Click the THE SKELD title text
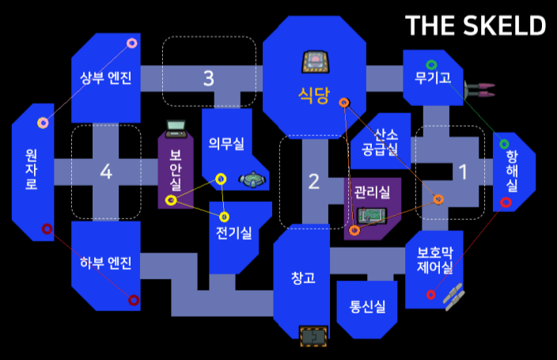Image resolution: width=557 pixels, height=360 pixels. tap(476, 25)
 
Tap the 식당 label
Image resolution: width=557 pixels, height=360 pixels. tap(313, 95)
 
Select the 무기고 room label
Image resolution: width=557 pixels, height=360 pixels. tap(432, 78)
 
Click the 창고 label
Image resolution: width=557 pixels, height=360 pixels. tap(303, 278)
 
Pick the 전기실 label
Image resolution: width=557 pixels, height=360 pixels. tap(233, 233)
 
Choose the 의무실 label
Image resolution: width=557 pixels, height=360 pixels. tap(226, 142)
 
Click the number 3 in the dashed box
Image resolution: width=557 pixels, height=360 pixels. tap(208, 78)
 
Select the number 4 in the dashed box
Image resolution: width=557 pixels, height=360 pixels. tap(106, 171)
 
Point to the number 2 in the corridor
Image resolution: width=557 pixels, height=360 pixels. tap(313, 182)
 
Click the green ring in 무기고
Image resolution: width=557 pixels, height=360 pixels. tap(431, 64)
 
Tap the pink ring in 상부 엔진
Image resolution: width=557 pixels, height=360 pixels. tap(132, 43)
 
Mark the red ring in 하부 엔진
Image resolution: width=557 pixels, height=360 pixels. tap(133, 300)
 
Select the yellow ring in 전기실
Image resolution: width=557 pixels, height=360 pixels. tap(225, 217)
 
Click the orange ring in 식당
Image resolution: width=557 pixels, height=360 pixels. tap(344, 103)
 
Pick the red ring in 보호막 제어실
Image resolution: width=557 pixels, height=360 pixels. tap(430, 295)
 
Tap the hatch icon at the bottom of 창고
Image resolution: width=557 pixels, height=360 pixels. tap(313, 335)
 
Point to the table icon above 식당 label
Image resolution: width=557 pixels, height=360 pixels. tap(313, 61)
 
